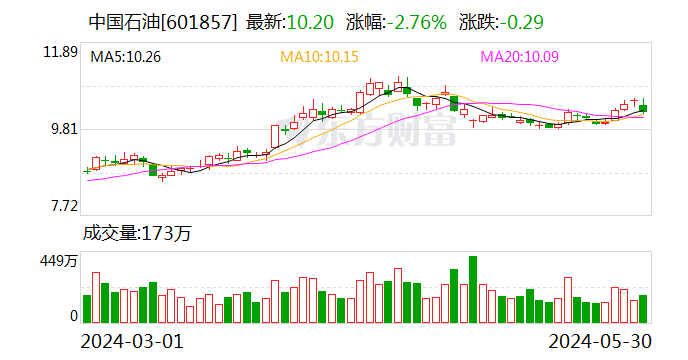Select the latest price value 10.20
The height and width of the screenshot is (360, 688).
pos(309,21)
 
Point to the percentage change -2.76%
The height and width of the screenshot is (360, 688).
pos(414,21)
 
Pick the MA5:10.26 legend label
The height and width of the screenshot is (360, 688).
pos(126,57)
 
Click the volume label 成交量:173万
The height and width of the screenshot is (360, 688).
pos(136,234)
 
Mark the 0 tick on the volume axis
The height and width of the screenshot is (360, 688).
pos(73,316)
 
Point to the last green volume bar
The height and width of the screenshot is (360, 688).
pos(643,309)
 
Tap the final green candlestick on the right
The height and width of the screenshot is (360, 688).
pos(643,108)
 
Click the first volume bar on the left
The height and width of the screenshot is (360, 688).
pos(87,309)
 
